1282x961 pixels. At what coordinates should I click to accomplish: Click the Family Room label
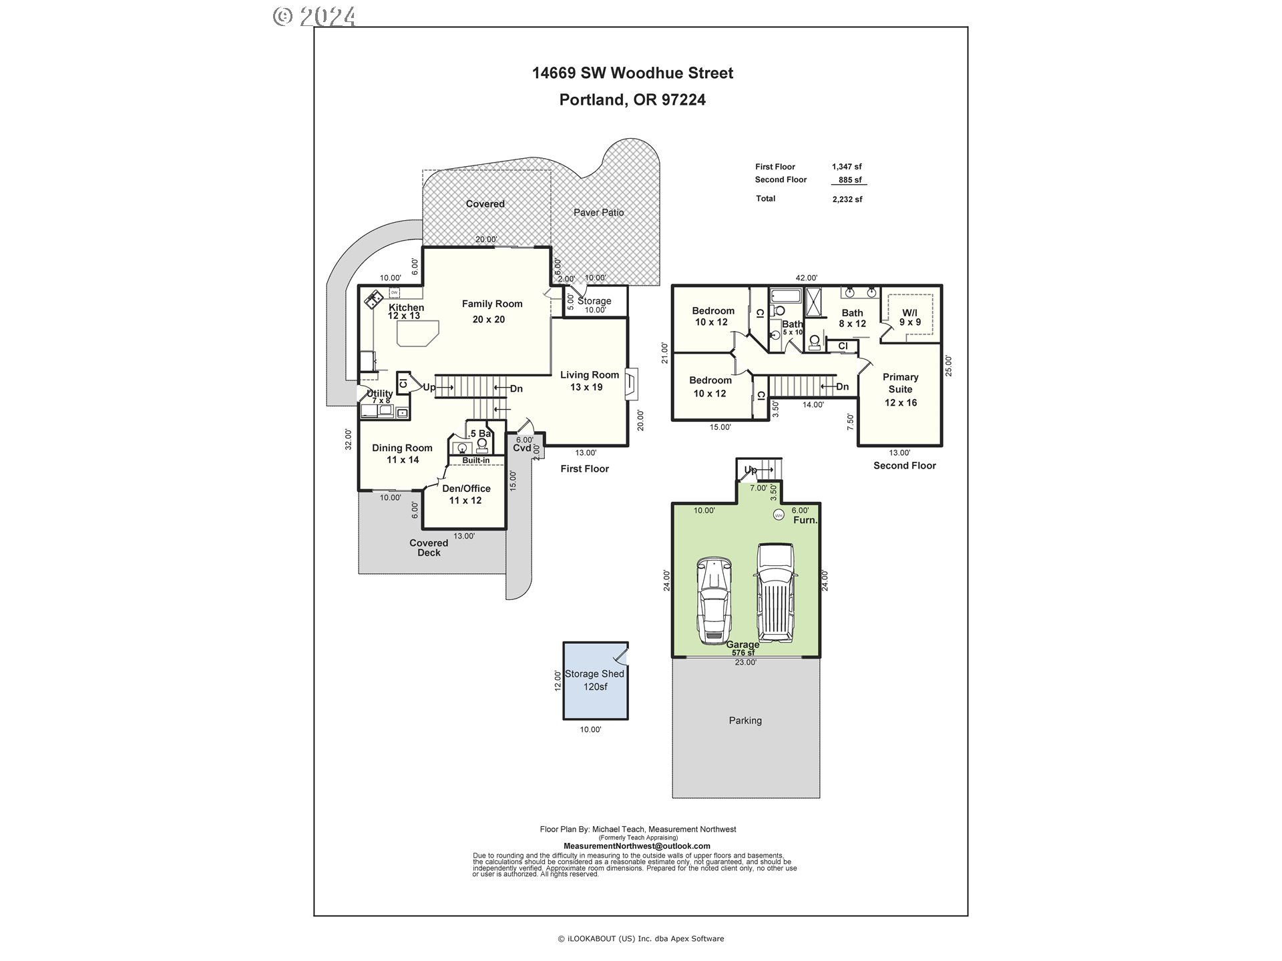pyautogui.click(x=492, y=304)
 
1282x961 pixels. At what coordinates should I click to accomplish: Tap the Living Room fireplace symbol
pyautogui.click(x=632, y=384)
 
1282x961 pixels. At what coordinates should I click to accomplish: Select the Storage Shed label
pyautogui.click(x=594, y=674)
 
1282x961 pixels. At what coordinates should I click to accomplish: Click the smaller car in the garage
pyautogui.click(x=714, y=600)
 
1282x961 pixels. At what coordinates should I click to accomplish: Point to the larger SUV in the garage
pyautogui.click(x=776, y=591)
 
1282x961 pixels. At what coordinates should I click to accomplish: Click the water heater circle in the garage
pyautogui.click(x=779, y=515)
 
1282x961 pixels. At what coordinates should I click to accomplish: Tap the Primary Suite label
pyautogui.click(x=900, y=383)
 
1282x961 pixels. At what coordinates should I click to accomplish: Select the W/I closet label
pyautogui.click(x=909, y=313)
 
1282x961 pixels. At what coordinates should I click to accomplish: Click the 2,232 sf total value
pyautogui.click(x=847, y=199)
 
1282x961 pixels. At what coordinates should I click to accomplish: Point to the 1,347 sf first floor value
pyautogui.click(x=847, y=167)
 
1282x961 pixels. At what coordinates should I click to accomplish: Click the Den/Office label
pyautogui.click(x=466, y=489)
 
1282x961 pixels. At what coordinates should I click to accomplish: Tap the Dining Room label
pyautogui.click(x=402, y=448)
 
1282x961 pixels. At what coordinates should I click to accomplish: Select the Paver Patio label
pyautogui.click(x=598, y=213)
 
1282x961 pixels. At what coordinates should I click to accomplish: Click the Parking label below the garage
pyautogui.click(x=745, y=721)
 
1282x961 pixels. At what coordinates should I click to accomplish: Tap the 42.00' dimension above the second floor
pyautogui.click(x=806, y=278)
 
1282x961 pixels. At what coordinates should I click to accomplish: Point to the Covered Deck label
pyautogui.click(x=429, y=548)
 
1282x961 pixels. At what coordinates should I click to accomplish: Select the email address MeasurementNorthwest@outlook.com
pyautogui.click(x=637, y=846)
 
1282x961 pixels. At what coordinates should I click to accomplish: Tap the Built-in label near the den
pyautogui.click(x=476, y=460)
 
